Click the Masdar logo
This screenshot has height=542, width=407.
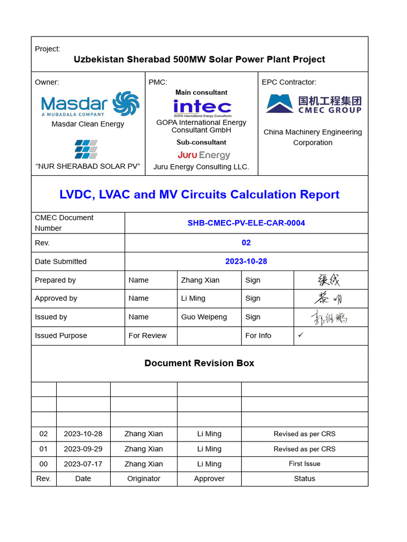tap(90, 104)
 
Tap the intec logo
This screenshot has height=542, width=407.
tap(202, 108)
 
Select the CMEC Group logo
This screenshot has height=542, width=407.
tap(313, 104)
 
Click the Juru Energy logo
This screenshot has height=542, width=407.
tap(203, 155)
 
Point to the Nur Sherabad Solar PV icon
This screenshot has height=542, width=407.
tap(86, 149)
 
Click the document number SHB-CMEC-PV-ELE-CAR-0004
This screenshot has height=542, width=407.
tap(246, 223)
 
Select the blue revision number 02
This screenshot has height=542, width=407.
tap(246, 242)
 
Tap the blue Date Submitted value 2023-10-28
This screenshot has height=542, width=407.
tap(246, 261)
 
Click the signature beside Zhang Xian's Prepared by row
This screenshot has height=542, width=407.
tap(329, 280)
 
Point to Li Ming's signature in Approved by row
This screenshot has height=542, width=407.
tap(329, 299)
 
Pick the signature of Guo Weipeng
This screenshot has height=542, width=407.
tap(329, 318)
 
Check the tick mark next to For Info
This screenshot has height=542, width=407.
tap(301, 335)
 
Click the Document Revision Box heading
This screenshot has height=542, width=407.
tap(199, 363)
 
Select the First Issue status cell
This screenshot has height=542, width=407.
tap(304, 464)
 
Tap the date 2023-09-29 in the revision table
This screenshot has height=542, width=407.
tap(83, 449)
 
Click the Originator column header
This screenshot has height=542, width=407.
tap(144, 478)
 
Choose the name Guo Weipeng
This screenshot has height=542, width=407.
tap(204, 317)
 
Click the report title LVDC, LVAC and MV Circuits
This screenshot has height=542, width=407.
tap(199, 194)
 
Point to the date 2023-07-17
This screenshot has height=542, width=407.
tap(83, 464)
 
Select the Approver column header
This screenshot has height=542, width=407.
tap(209, 478)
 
